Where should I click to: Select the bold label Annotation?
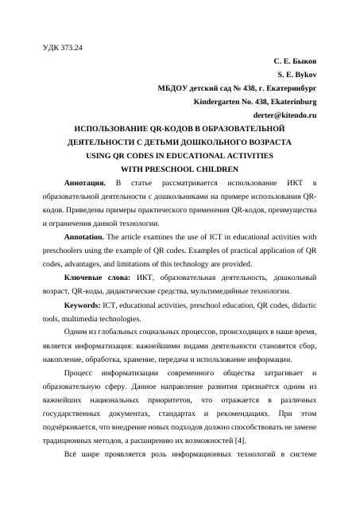(86, 237)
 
